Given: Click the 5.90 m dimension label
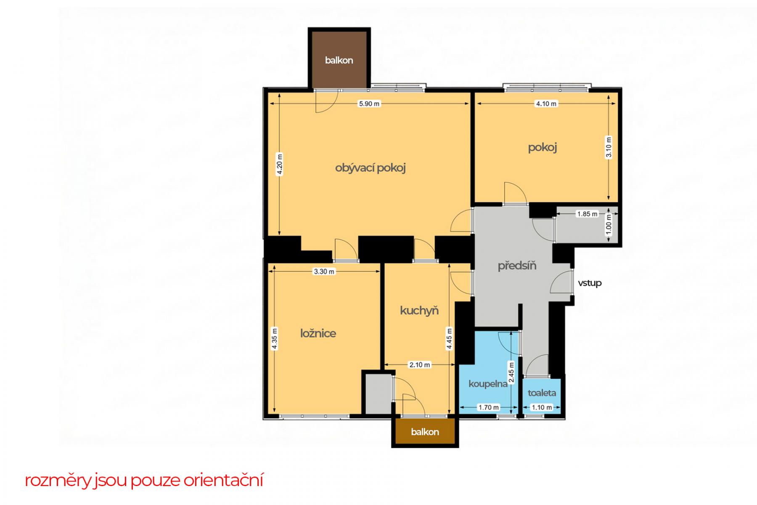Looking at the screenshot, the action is tap(369, 104).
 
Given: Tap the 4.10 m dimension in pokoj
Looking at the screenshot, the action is tap(545, 104).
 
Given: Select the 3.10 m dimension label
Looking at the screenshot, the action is tap(609, 147).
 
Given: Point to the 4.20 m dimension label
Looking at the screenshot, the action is tap(280, 165).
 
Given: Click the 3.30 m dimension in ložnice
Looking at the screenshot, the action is tap(324, 271).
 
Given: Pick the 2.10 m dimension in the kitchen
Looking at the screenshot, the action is tap(420, 365).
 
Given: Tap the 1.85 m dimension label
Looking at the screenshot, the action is tap(587, 214).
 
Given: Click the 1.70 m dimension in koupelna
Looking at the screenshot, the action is tap(489, 407).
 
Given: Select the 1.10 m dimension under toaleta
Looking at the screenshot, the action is tap(542, 407).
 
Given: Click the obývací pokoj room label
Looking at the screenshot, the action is tap(371, 168).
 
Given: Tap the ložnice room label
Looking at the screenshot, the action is tap(318, 333).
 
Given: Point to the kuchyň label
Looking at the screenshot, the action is tap(419, 311).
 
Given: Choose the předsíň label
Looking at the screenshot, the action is tap(517, 266).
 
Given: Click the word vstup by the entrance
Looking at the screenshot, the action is tap(590, 283).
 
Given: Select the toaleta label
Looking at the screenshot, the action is tap(542, 393).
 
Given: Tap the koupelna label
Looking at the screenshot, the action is tap(488, 384).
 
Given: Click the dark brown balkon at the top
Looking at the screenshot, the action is tap(339, 58).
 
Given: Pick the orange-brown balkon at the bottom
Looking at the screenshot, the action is tap(425, 432).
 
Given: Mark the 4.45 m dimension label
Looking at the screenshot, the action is tap(450, 339).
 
